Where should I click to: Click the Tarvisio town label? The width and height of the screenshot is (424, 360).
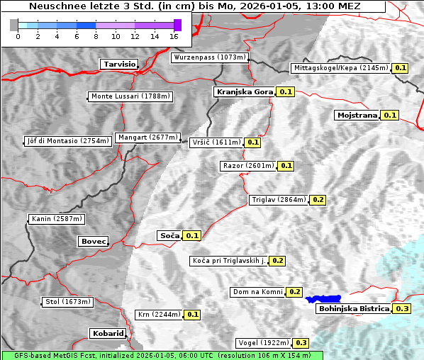pyautogui.click(x=119, y=64)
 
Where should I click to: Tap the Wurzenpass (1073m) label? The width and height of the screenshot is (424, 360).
pyautogui.click(x=210, y=57)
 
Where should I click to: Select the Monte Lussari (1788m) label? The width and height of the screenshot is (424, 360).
pyautogui.click(x=130, y=96)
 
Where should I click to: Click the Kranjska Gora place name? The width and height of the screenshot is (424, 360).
pyautogui.click(x=244, y=92)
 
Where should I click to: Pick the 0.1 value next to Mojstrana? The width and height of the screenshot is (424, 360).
pyautogui.click(x=390, y=115)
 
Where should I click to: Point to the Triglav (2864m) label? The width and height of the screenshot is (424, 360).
pyautogui.click(x=279, y=200)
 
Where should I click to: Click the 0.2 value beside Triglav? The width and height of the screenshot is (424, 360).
pyautogui.click(x=318, y=200)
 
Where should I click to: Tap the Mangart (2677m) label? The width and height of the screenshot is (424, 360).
pyautogui.click(x=148, y=137)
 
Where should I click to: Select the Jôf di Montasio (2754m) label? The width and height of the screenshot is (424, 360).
pyautogui.click(x=68, y=141)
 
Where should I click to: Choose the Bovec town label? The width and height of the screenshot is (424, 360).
pyautogui.click(x=93, y=242)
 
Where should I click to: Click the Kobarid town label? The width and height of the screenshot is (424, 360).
pyautogui.click(x=108, y=333)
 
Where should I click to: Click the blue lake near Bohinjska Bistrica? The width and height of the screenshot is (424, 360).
pyautogui.click(x=323, y=299)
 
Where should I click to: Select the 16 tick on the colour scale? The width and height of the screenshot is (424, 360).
pyautogui.click(x=174, y=35)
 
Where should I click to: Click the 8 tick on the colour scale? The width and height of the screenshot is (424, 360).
pyautogui.click(x=96, y=35)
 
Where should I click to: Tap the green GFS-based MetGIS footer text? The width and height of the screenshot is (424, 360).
pyautogui.click(x=162, y=355)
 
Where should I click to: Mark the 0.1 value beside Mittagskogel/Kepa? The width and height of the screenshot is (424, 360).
pyautogui.click(x=401, y=68)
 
